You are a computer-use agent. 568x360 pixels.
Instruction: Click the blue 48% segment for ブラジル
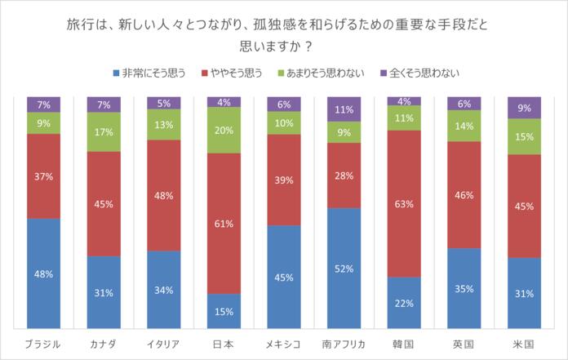coord(43,273)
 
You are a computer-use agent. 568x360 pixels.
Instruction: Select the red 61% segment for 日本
coord(224,223)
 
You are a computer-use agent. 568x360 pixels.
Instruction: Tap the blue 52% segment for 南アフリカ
coord(344,268)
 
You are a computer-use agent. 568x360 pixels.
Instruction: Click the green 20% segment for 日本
coord(224,130)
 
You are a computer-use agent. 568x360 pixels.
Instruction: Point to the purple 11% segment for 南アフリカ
coord(344,109)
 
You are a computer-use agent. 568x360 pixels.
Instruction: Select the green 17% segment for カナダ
coord(104,131)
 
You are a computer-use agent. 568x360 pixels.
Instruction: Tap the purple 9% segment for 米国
coord(524,107)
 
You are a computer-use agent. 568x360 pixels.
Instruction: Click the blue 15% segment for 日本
coord(224,311)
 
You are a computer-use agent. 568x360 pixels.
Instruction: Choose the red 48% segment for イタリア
coord(163,195)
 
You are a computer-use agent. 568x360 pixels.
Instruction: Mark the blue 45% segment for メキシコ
coord(283,277)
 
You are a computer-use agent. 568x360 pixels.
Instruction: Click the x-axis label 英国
coord(464,343)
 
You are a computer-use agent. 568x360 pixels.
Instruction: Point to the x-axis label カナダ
coord(104,343)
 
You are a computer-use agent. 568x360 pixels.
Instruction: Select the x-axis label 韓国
coord(404,343)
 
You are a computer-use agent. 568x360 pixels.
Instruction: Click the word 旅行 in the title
coord(78,26)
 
